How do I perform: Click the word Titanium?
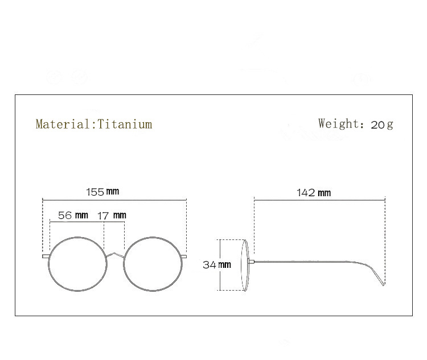coord(125,124)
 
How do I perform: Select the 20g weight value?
coord(381,125)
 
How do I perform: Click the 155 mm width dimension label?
coord(102,192)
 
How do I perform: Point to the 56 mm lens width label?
coord(73,216)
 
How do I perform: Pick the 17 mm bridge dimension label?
coord(112,216)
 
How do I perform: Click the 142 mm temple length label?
coord(313,193)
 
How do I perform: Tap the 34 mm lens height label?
coord(216,264)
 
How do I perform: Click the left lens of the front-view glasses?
coord(77,263)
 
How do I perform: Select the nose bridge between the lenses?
coord(115,254)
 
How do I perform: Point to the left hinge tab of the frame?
coord(46,256)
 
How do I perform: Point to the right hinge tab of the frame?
coord(184,256)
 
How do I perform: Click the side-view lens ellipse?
coord(246,265)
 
